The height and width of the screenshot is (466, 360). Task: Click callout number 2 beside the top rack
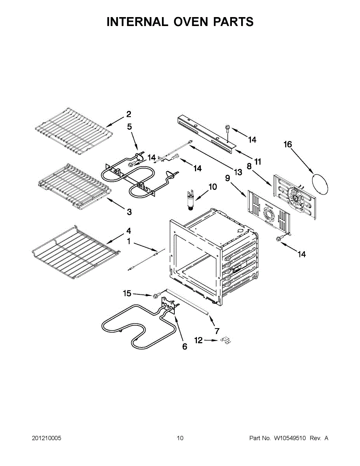point(129,114)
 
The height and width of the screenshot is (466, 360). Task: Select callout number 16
point(287,144)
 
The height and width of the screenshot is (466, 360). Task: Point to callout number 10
point(213,187)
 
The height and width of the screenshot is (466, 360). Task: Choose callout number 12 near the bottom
point(198,340)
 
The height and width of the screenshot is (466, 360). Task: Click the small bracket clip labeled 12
point(226,340)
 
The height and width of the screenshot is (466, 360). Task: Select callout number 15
point(127,294)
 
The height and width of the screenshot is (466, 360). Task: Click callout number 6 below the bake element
point(184,346)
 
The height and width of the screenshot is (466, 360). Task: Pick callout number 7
point(217,331)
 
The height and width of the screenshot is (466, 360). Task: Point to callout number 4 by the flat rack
point(129,231)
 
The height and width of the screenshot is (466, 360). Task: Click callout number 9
point(228,178)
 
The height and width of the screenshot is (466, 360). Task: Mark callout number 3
point(129,212)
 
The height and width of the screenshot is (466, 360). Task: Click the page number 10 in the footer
point(180,438)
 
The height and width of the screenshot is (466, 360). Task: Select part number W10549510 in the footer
point(290,438)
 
